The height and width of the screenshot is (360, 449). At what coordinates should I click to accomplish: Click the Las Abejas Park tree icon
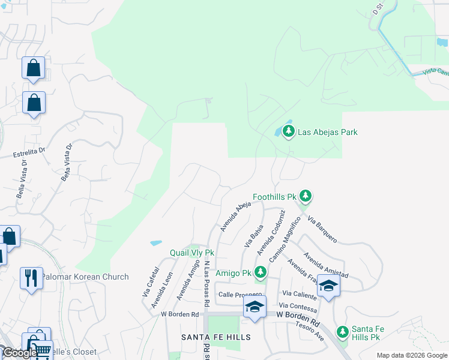tap(289, 131)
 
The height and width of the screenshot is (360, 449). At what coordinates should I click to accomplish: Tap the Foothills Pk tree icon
tap(306, 196)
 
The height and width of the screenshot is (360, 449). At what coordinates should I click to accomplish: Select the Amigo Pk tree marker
tap(260, 272)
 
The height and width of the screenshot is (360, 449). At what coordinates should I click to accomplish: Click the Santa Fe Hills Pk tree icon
tap(342, 332)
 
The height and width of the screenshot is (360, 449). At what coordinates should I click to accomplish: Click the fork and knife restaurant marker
tap(31, 278)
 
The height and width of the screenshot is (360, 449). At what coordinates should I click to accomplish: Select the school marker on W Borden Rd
tap(255, 307)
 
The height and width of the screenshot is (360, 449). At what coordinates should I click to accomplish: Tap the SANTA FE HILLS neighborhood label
tap(216, 338)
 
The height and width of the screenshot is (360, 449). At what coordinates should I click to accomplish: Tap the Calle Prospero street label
tap(241, 294)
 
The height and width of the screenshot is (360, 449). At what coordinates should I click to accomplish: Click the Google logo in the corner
tap(19, 353)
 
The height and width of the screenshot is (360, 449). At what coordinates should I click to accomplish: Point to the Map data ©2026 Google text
tap(412, 355)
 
